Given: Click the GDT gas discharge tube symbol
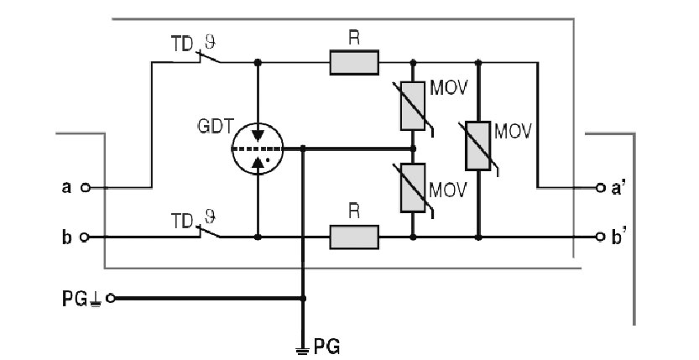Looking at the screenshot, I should (257, 149).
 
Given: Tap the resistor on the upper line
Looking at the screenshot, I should (354, 61).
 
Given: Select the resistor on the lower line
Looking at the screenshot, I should (354, 237).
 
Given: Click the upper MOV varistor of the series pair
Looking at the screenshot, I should (413, 107).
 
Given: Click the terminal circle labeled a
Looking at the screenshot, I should (84, 187).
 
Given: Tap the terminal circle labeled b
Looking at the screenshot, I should (84, 237).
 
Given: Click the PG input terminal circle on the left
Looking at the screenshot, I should (110, 297).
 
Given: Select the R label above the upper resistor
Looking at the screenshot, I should (354, 38).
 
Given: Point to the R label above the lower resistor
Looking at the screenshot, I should (354, 215).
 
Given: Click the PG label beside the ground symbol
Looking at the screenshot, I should (328, 344).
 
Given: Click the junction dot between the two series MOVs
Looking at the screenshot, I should (413, 149).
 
